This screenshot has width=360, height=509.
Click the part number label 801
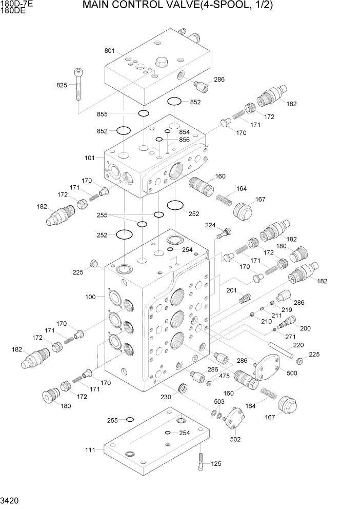110,51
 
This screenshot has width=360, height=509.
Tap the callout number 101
90,158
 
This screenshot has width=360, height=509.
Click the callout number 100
90,297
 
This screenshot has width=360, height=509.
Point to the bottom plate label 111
90,450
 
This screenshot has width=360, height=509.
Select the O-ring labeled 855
144,113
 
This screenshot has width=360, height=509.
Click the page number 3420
10,500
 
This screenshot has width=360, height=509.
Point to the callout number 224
210,225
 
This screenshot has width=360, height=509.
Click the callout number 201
231,291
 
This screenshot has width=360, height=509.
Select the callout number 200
305,328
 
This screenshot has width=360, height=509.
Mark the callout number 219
286,310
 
